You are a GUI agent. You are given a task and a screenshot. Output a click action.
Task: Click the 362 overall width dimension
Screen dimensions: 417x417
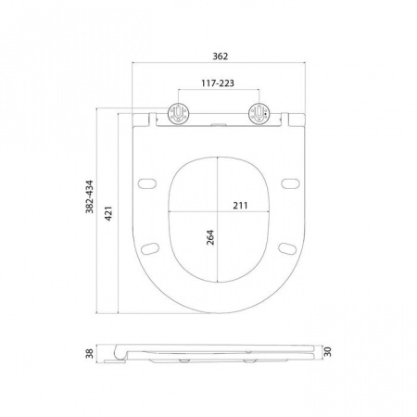tap(221, 57)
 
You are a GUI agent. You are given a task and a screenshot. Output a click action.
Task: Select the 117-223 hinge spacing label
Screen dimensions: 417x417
tap(218, 83)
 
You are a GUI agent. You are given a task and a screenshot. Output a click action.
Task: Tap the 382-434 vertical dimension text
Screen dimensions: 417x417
tap(90, 196)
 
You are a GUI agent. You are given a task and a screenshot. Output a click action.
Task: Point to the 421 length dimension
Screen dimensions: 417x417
tap(108, 213)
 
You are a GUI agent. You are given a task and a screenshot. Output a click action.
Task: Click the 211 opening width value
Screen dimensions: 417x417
tap(240, 206)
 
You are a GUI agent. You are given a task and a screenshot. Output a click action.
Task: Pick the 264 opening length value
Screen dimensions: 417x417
tap(210, 237)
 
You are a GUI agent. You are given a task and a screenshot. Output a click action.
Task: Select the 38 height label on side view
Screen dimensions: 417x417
tap(89, 353)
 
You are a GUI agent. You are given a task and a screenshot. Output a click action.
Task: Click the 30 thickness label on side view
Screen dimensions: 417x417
tap(327, 352)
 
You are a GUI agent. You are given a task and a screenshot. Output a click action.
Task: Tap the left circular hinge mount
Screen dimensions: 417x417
tap(178, 114)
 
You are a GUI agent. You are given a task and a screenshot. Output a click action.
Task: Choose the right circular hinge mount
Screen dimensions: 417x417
tap(259, 114)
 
